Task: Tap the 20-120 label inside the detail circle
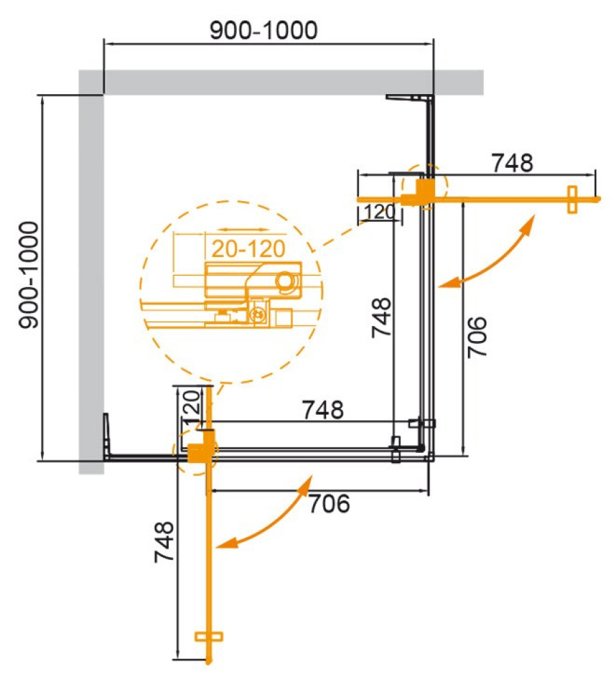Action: coord(248,249)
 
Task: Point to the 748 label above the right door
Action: coord(512,163)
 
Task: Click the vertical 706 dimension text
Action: coord(479,336)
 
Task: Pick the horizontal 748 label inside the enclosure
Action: coord(323,410)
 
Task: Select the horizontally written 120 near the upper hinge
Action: coord(379,213)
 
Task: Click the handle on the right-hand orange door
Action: coord(572,199)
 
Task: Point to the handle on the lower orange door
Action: coord(209,636)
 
